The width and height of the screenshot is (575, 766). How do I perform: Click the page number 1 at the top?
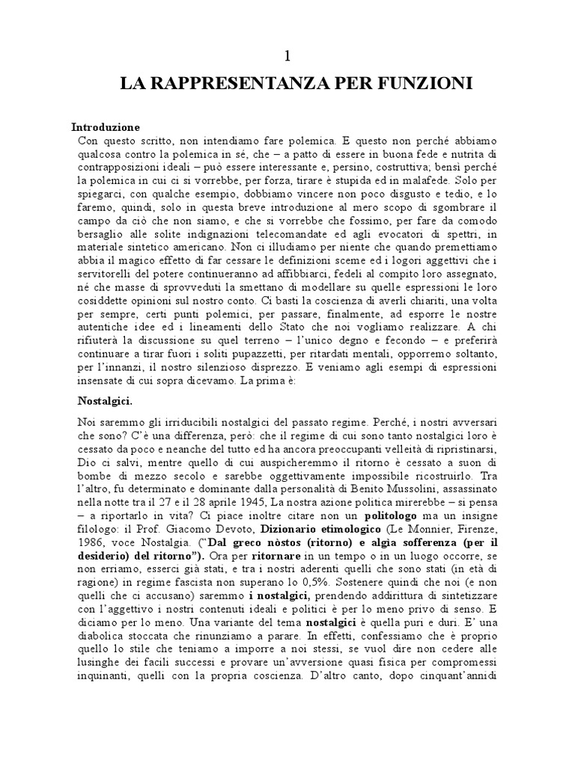point(287,55)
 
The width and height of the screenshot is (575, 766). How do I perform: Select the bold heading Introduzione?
point(106,126)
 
